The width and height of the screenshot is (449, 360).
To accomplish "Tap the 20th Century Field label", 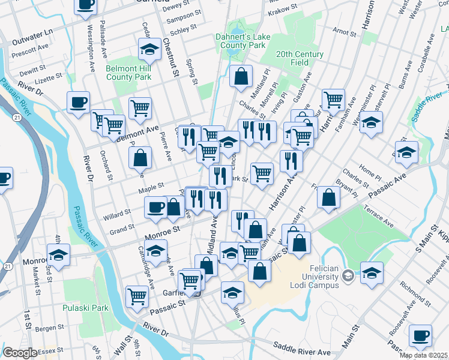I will pyautogui.click(x=300, y=58).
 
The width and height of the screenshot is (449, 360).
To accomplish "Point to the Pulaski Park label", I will pyautogui.click(x=85, y=308).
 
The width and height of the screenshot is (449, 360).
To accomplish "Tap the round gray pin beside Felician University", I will pyautogui.click(x=347, y=277).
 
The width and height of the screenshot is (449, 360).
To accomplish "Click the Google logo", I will pyautogui.click(x=20, y=353).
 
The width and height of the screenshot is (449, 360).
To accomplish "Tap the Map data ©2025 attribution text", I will pyautogui.click(x=423, y=355).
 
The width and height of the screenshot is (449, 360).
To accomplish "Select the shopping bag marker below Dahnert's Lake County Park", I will pyautogui.click(x=241, y=76).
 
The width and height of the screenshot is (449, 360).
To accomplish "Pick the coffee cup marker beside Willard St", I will pyautogui.click(x=155, y=207).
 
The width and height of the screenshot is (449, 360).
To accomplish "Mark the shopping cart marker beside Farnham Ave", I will pyautogui.click(x=333, y=100).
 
